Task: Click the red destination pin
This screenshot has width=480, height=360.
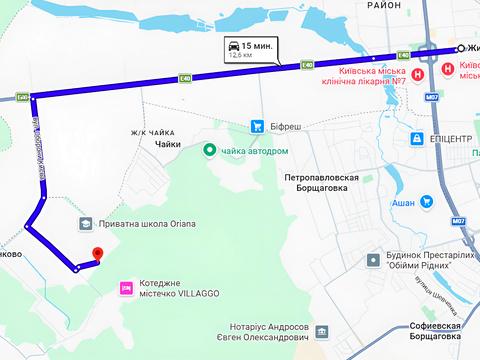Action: (97, 255)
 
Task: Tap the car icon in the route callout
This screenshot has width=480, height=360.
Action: (233, 47)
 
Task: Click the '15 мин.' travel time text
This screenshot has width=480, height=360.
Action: (256, 47)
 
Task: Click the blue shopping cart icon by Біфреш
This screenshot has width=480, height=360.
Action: (258, 126)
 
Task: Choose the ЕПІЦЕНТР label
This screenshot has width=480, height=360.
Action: (446, 139)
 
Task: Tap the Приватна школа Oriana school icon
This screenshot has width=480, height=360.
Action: (87, 224)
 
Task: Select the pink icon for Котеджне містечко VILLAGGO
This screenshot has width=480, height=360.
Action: (126, 288)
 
